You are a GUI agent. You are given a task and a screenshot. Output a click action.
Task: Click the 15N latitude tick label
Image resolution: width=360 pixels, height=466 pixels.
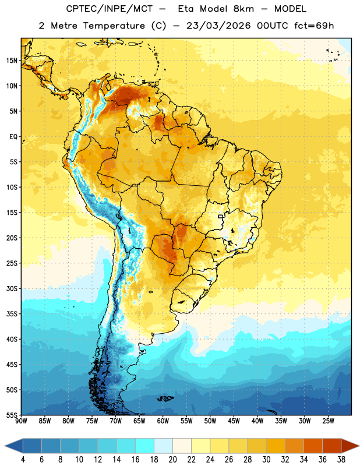[12, 61]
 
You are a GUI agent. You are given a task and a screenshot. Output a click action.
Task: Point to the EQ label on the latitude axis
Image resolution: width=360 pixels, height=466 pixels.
[13, 137]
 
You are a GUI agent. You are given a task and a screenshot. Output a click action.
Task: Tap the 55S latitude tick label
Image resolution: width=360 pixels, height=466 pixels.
[12, 415]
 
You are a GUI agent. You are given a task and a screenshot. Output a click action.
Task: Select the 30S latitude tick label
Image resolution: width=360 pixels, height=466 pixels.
[12, 288]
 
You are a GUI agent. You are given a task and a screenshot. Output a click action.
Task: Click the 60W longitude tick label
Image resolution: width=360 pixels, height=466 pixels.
[163, 421]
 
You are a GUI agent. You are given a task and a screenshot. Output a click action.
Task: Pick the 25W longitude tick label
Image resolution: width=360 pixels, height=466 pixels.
[328, 421]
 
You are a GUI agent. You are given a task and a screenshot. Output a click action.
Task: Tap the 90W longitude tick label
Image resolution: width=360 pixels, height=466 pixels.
[21, 421]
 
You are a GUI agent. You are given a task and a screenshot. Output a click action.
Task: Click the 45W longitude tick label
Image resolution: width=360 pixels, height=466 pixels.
[234, 421]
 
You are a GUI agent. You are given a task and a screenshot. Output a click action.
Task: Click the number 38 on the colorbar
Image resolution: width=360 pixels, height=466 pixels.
[341, 460]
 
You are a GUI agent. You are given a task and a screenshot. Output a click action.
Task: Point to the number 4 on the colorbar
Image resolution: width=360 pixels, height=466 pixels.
[23, 460]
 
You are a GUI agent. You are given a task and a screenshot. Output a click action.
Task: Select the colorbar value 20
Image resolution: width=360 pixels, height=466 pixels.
[172, 460]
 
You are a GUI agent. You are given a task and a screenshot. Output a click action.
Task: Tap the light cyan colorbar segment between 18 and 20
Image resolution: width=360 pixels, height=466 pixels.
[163, 446]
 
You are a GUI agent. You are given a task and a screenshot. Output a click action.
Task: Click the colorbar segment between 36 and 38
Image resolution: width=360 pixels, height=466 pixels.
[332, 446]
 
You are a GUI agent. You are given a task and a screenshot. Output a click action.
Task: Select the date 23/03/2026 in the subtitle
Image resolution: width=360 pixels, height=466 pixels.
[218, 26]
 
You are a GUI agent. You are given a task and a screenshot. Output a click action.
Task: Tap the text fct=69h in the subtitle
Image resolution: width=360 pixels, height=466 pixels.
[314, 26]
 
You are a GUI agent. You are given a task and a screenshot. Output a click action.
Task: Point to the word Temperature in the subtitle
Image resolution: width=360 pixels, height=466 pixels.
[114, 26]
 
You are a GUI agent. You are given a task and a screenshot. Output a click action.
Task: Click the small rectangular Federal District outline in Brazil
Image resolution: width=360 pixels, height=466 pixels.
[221, 216]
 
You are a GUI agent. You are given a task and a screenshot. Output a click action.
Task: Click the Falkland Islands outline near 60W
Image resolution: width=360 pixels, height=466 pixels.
[165, 398]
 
